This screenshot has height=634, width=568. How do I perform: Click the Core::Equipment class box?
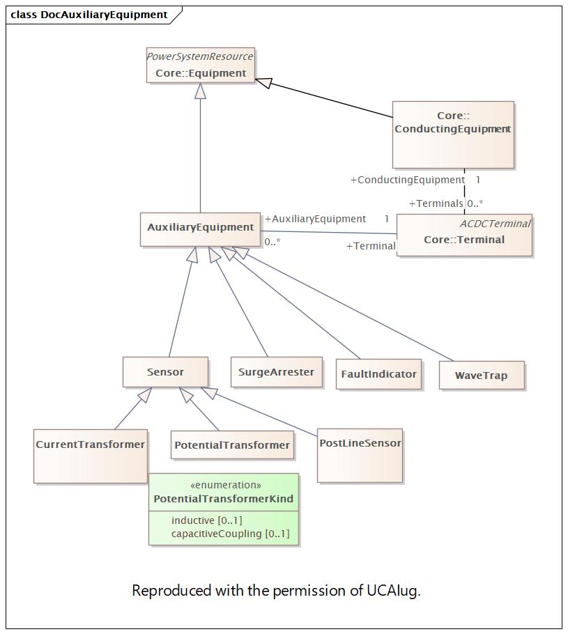(x=201, y=65)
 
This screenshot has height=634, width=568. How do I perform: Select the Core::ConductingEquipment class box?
(x=453, y=134)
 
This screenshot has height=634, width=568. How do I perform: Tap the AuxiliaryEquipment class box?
(x=200, y=229)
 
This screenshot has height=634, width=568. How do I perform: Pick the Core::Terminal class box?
(x=464, y=235)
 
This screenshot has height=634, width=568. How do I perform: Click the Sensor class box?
(x=165, y=372)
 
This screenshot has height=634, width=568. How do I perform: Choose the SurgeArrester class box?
(x=276, y=372)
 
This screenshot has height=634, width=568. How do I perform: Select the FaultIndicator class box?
(x=378, y=374)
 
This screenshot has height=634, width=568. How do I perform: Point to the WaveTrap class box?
(x=482, y=376)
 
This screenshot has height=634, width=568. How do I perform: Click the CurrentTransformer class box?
(x=91, y=456)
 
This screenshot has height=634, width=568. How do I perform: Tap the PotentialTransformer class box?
(x=232, y=444)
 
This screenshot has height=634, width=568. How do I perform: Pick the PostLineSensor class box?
(x=360, y=455)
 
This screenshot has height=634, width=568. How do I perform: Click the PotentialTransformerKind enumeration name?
(x=223, y=499)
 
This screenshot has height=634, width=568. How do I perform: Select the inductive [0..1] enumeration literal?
(x=207, y=520)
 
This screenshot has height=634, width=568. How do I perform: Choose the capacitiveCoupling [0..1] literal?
(x=230, y=534)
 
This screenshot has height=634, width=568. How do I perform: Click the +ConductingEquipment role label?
(x=408, y=180)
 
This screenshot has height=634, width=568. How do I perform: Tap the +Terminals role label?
(x=436, y=203)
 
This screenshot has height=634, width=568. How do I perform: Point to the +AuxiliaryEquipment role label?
(x=315, y=219)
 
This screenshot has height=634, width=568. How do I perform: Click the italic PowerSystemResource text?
(x=200, y=56)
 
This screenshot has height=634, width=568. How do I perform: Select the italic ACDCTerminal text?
(x=496, y=224)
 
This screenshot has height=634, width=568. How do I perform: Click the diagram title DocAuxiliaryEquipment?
(x=104, y=15)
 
